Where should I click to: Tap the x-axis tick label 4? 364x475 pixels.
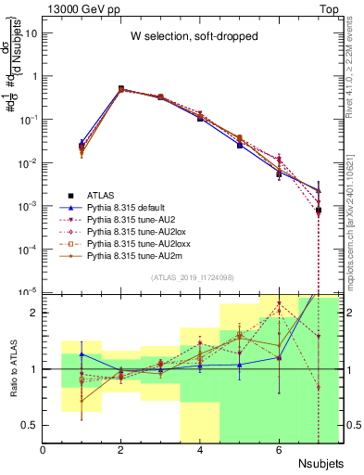point(200,450)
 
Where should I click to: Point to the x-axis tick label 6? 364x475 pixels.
point(279,450)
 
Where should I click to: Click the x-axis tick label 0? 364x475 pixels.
point(44,450)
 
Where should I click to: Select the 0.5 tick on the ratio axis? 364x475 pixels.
point(30,425)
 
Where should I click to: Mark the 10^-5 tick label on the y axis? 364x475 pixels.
point(28,292)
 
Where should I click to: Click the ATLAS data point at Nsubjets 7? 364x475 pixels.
point(318,211)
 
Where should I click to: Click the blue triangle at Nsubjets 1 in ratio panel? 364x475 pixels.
point(82,354)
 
